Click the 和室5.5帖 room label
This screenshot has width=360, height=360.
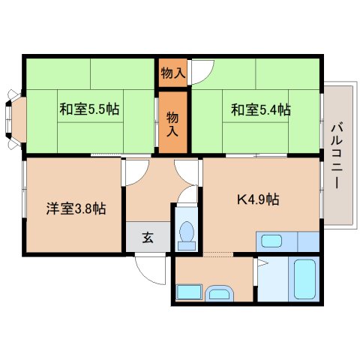tap(89, 109)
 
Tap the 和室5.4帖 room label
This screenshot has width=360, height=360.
tap(261, 109)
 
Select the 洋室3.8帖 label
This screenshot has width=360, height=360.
tap(76, 208)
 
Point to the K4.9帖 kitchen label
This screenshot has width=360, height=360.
tap(258, 199)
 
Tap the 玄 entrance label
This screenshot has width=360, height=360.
tap(148, 238)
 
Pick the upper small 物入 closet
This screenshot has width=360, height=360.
tap(173, 73)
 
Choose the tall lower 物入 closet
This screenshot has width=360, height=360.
tap(173, 122)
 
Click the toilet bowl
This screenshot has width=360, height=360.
tap(187, 235)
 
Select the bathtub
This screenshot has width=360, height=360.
tap(304, 279)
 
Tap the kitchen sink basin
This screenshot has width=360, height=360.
tap(271, 241)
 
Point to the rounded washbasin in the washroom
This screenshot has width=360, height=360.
tap(219, 293)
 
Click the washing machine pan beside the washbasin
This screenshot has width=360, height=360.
tap(189, 292)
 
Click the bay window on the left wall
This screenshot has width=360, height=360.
tap(16, 119)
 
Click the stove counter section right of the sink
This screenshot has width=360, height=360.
tap(308, 241)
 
